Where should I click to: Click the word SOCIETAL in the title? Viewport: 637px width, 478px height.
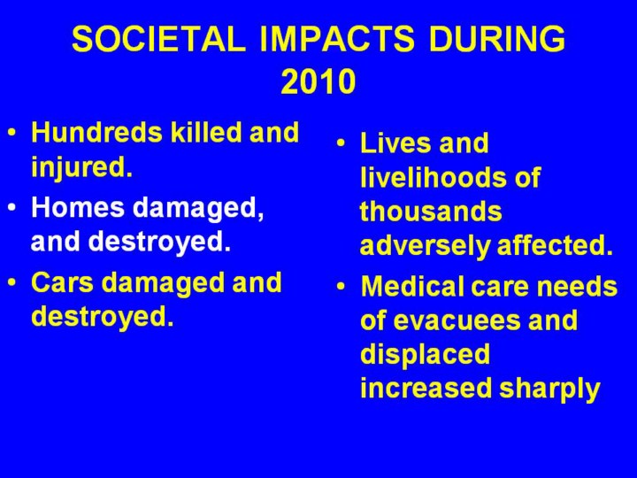click(159, 39)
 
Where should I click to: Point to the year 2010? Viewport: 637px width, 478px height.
click(318, 81)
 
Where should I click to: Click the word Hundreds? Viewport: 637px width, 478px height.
click(96, 133)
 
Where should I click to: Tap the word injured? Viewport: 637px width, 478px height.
click(81, 167)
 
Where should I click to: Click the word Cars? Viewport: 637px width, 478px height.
click(62, 282)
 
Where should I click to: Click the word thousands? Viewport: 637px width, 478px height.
click(431, 212)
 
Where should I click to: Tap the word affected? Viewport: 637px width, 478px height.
click(555, 245)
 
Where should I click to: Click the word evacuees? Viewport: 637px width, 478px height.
click(458, 320)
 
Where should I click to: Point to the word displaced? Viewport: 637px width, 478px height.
click(425, 354)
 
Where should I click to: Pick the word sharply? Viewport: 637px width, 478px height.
click(549, 389)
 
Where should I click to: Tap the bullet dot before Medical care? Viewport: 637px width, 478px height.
click(341, 286)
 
